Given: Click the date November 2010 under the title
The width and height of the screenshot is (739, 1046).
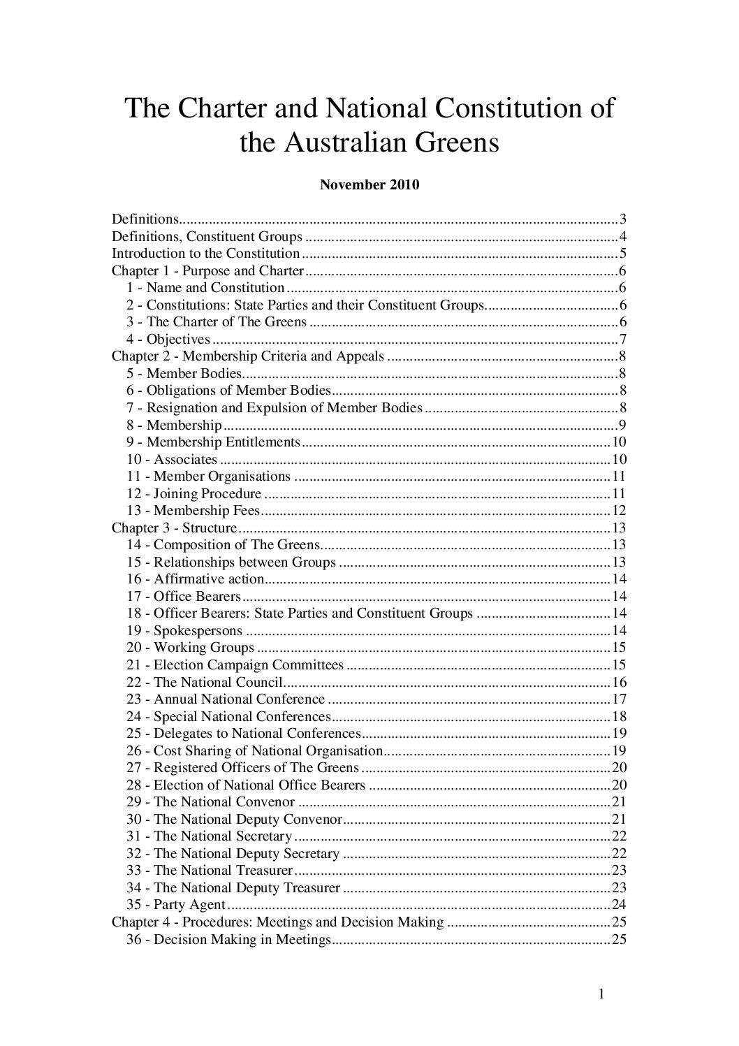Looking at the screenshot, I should (x=369, y=185).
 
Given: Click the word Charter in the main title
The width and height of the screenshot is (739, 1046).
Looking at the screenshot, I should (x=219, y=109).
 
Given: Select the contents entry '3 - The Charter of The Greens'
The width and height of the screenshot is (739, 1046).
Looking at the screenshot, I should (x=217, y=322).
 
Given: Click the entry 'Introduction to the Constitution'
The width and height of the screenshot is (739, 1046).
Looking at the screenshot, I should (x=206, y=254).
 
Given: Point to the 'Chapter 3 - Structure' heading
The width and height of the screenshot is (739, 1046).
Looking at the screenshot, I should (x=175, y=528).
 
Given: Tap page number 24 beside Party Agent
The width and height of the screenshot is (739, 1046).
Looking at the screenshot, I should (x=618, y=905).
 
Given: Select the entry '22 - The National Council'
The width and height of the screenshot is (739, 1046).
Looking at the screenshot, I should (x=204, y=682).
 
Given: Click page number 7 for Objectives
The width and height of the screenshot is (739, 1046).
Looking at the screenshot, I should (x=622, y=340).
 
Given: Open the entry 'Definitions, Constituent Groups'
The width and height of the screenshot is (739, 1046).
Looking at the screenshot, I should (x=207, y=236).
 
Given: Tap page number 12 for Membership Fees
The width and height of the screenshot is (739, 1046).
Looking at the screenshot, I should (x=618, y=511).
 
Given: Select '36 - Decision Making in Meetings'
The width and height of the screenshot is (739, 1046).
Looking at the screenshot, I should (x=228, y=940).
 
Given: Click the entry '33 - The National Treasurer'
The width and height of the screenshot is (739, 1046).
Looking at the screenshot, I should (x=210, y=871).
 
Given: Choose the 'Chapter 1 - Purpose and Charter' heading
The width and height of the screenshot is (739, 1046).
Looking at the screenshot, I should (x=208, y=271).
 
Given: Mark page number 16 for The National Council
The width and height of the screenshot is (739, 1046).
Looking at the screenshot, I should (x=618, y=682).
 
